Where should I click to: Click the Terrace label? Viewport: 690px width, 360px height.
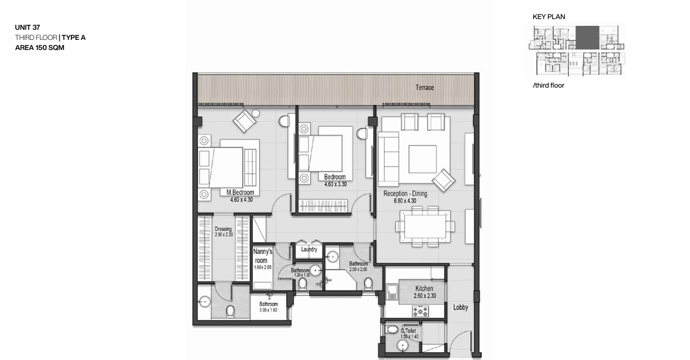pyautogui.click(x=424, y=88)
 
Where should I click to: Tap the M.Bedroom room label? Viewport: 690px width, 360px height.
pyautogui.click(x=240, y=192)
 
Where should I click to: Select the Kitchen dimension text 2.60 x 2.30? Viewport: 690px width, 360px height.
pyautogui.click(x=425, y=295)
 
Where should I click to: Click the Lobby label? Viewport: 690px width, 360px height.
pyautogui.click(x=461, y=307)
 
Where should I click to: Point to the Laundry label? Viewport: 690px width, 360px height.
pyautogui.click(x=309, y=249)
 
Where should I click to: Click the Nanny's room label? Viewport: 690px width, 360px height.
pyautogui.click(x=262, y=256)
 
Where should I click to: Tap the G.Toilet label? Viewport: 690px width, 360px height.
pyautogui.click(x=408, y=331)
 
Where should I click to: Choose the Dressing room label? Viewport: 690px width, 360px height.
pyautogui.click(x=223, y=229)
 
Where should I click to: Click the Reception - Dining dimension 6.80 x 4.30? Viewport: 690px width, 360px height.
pyautogui.click(x=405, y=201)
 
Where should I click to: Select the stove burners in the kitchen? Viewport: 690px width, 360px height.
pyautogui.click(x=420, y=311)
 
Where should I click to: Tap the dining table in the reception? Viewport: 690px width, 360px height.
pyautogui.click(x=425, y=226)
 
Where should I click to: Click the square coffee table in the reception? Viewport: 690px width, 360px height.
pyautogui.click(x=423, y=159)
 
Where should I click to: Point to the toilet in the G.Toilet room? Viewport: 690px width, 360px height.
pyautogui.click(x=392, y=329)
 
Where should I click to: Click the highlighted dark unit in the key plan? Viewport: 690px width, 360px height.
pyautogui.click(x=587, y=38)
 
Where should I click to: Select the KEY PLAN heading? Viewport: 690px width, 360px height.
pyautogui.click(x=549, y=17)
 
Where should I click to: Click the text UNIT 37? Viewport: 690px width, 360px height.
pyautogui.click(x=28, y=28)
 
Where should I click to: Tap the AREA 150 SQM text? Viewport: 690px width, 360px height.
pyautogui.click(x=40, y=48)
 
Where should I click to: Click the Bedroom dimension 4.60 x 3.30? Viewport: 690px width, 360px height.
pyautogui.click(x=335, y=184)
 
